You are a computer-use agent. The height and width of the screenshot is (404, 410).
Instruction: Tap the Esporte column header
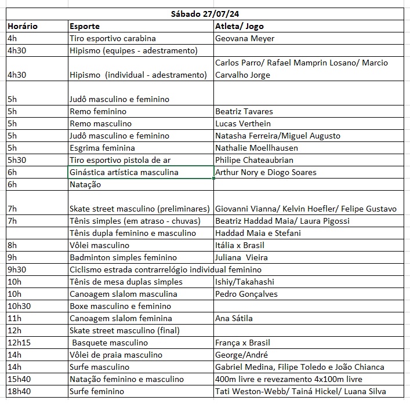point(85,26)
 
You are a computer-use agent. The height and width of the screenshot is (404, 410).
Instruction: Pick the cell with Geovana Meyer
point(244,38)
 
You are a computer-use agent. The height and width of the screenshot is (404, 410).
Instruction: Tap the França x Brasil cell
point(242,343)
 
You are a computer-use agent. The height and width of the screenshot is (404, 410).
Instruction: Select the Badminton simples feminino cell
point(123,257)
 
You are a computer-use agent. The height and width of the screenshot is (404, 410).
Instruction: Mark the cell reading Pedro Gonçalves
point(246,294)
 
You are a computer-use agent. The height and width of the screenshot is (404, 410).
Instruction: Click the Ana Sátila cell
point(234,318)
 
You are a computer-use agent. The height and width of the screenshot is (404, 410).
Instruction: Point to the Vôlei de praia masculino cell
point(116,355)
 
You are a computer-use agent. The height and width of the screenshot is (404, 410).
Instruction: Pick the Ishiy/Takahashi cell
point(244,282)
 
